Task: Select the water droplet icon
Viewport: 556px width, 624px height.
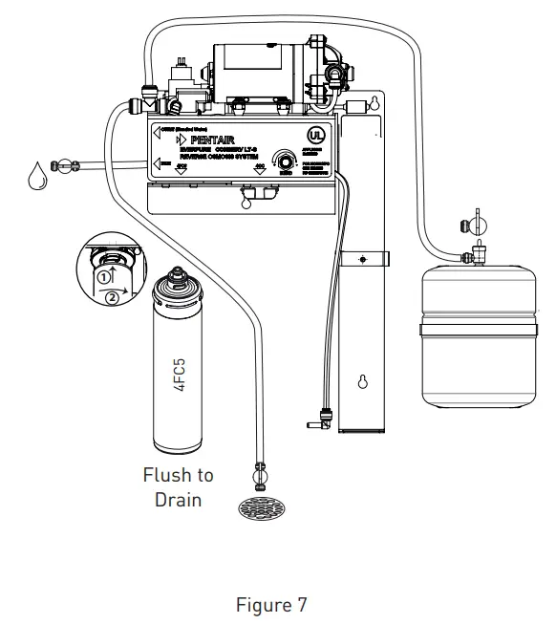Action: tap(37, 179)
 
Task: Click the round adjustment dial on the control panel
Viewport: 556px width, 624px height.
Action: tap(285, 162)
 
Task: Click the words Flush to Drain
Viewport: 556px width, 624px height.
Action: tap(178, 486)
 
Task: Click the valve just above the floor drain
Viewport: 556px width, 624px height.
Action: tap(260, 472)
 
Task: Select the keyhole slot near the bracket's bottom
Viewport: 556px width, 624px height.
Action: tap(363, 383)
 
